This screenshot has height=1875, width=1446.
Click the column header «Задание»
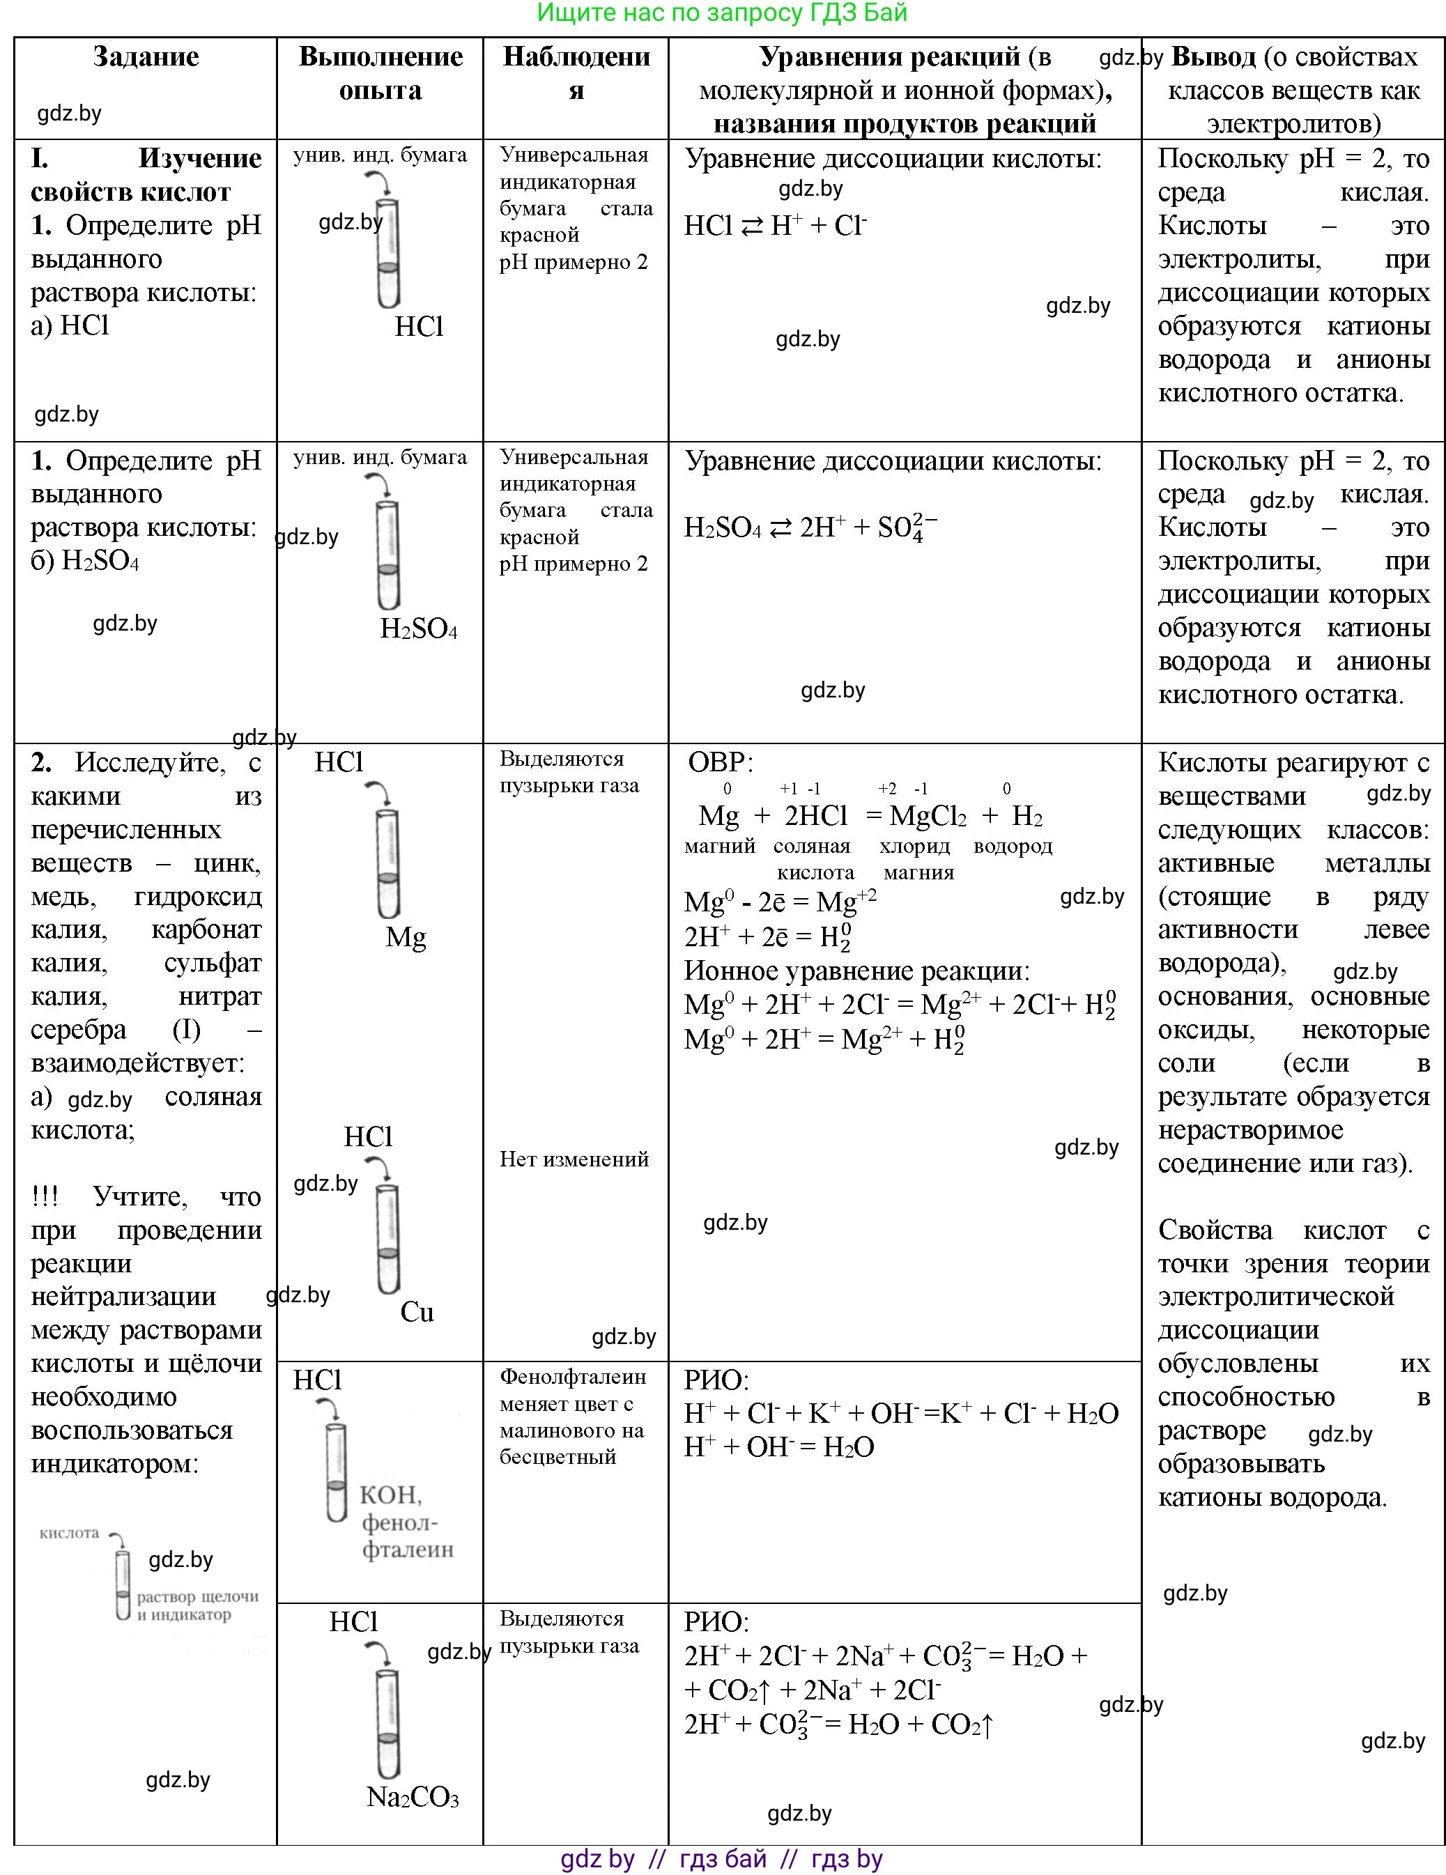click(x=146, y=56)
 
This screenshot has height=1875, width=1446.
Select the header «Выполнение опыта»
click(x=380, y=73)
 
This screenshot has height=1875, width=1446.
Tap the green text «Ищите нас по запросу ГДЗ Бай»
click(x=721, y=13)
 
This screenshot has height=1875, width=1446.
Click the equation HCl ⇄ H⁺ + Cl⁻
click(x=776, y=226)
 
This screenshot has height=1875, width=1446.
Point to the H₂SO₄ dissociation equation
click(x=810, y=527)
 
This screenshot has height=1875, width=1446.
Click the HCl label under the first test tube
click(x=419, y=326)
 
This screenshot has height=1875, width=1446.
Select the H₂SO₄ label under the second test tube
click(x=418, y=629)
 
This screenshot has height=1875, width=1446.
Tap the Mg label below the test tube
click(x=406, y=936)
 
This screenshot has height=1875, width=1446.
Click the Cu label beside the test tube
click(x=417, y=1312)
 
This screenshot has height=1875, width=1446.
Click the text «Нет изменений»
click(x=574, y=1159)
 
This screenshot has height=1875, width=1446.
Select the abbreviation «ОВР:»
click(x=721, y=762)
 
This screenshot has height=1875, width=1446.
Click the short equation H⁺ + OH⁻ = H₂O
click(x=779, y=1446)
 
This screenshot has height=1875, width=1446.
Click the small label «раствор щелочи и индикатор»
click(x=197, y=1605)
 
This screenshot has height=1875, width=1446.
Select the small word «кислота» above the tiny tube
click(x=70, y=1532)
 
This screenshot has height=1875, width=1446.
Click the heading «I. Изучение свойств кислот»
click(x=146, y=174)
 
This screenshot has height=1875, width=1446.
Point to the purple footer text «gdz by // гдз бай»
click(x=721, y=1859)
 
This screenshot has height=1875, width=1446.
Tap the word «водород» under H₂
click(x=1013, y=846)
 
